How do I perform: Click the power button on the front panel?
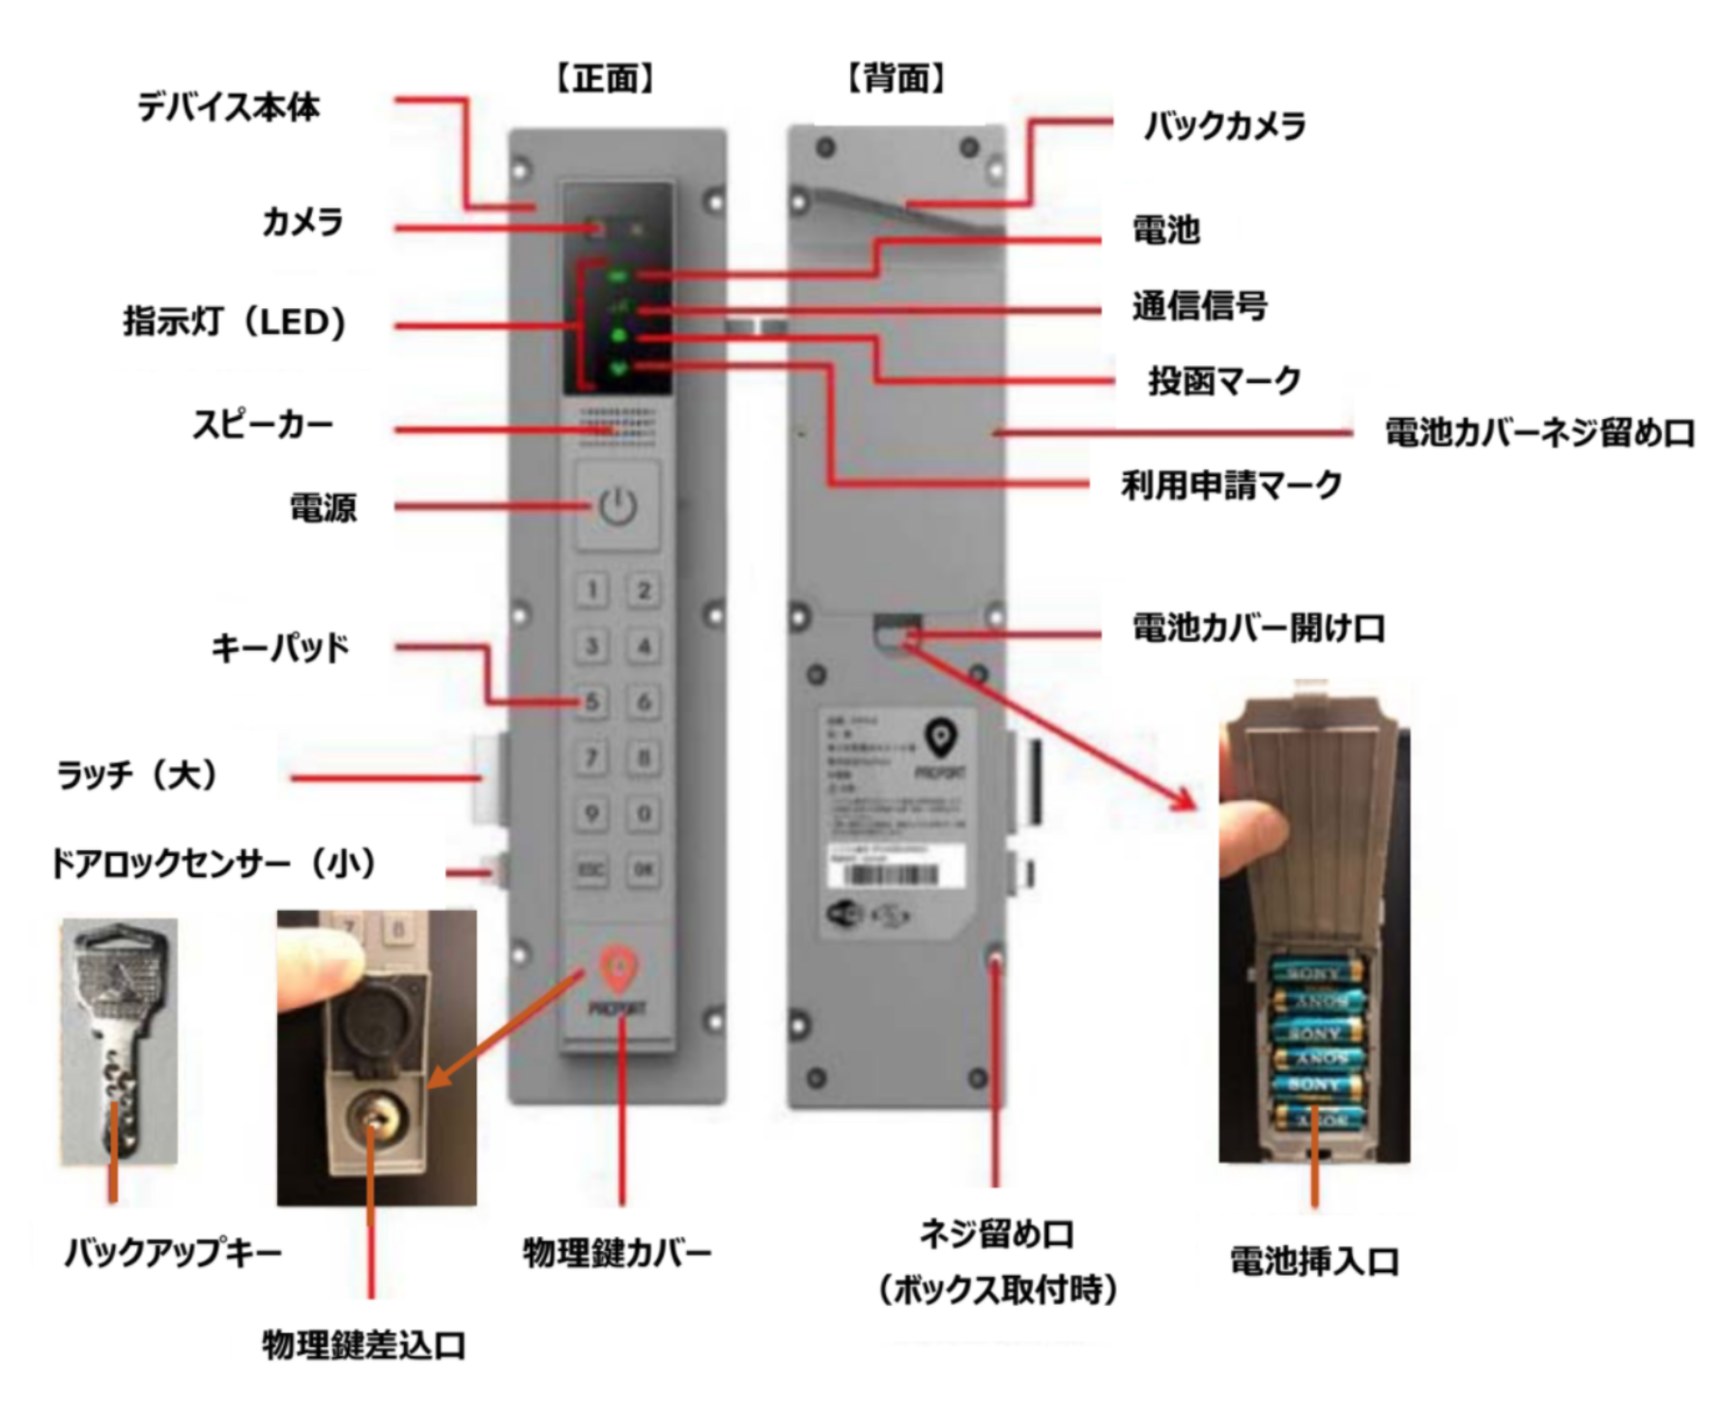(x=617, y=506)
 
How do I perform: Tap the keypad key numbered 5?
(x=592, y=702)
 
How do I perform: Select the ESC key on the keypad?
(x=591, y=870)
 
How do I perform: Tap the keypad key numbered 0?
(x=644, y=814)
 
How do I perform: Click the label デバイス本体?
(x=228, y=107)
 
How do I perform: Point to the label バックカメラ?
(x=1224, y=127)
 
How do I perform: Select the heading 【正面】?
(x=606, y=78)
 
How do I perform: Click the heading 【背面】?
(x=896, y=78)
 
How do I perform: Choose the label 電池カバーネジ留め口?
(x=1540, y=433)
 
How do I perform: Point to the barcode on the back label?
(x=892, y=875)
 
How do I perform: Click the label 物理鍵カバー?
(x=617, y=1253)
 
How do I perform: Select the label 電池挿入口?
(x=1314, y=1261)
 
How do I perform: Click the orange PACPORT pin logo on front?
(x=618, y=971)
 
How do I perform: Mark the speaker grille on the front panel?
(x=617, y=426)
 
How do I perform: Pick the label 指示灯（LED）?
(x=235, y=322)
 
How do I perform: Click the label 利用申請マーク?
(x=1232, y=484)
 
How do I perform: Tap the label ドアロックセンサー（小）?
(x=215, y=863)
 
